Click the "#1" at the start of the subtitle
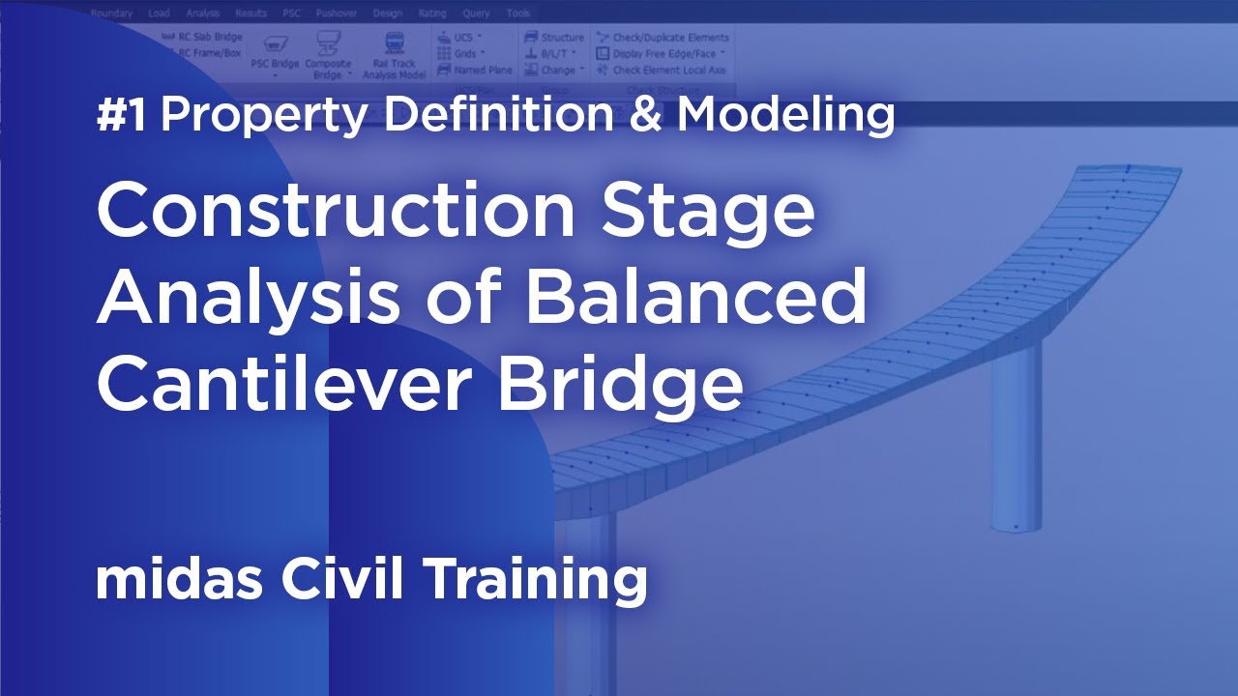(x=122, y=116)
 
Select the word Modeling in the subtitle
(x=785, y=116)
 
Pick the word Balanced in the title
(x=694, y=298)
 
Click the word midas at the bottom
(x=180, y=579)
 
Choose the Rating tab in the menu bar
(x=432, y=14)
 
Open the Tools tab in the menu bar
(x=518, y=14)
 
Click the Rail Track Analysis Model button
(x=394, y=56)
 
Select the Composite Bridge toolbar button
(x=328, y=56)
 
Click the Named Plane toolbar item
(x=475, y=70)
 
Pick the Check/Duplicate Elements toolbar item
(x=663, y=38)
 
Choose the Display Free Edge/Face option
(x=658, y=54)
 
